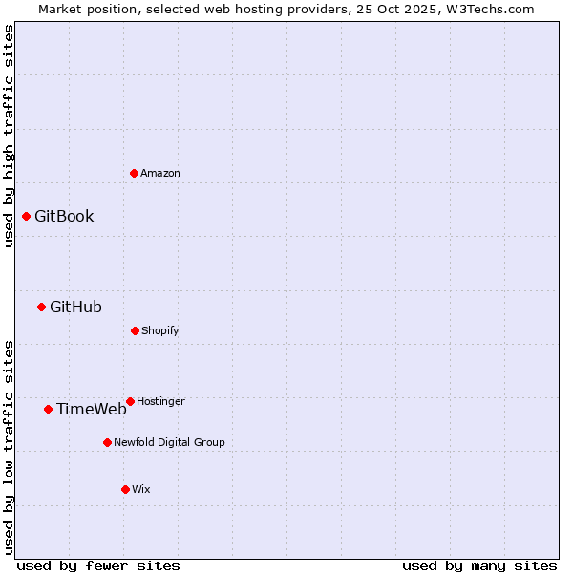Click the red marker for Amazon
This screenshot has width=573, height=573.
coord(134,173)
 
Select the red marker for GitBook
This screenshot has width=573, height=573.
coord(26,216)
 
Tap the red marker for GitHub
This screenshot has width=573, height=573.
coord(41,307)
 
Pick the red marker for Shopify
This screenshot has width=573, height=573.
coord(135,330)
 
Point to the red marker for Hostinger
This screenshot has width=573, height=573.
coord(130,401)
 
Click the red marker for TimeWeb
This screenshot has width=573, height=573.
coord(48,409)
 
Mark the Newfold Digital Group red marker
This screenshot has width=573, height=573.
coord(107,442)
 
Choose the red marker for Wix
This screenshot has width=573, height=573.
coord(125,489)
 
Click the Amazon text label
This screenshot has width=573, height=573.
coord(160,173)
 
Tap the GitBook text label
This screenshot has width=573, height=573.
coord(64,216)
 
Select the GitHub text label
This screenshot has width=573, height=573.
coord(75,307)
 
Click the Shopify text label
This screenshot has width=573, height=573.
coord(160,330)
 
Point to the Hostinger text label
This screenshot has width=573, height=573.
coord(160,401)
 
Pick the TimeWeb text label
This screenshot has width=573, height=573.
coord(92,409)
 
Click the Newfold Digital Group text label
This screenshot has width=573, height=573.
coord(169,442)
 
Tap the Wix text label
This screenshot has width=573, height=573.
coord(141,489)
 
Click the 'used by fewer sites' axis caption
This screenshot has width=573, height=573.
coord(98,565)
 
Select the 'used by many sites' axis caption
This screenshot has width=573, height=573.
coord(479,565)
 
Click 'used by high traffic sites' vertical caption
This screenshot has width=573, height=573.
coord(9,136)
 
